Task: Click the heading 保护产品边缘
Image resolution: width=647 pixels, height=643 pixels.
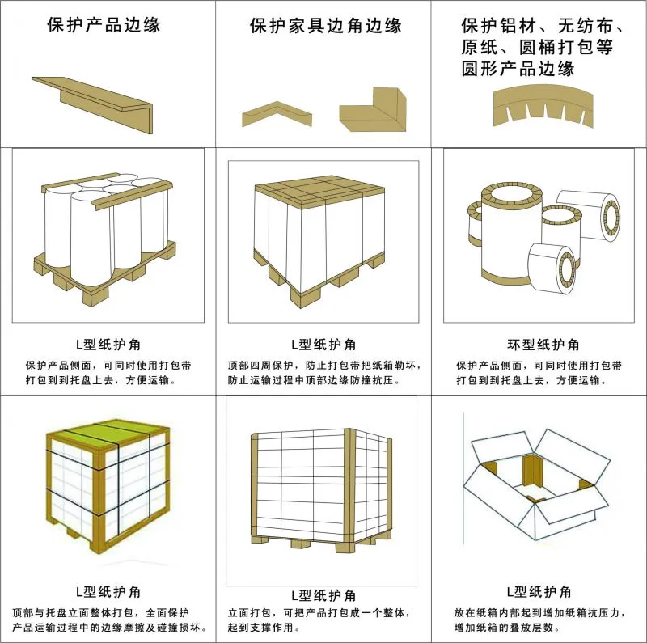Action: click(104, 25)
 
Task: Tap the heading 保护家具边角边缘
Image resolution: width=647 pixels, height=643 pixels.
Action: click(326, 26)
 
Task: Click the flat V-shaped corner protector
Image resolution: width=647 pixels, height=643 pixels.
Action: click(277, 114)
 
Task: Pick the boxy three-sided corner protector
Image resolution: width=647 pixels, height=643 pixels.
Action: click(373, 110)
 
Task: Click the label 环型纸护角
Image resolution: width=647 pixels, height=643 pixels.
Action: click(543, 345)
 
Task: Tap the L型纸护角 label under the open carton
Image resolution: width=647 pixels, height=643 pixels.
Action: click(539, 592)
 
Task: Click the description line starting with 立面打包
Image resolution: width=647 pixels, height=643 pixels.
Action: click(319, 613)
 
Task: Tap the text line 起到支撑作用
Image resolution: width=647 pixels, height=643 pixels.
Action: click(264, 628)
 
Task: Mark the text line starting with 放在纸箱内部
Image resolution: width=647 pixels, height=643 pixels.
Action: click(539, 613)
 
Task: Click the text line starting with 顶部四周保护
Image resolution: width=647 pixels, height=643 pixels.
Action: click(325, 366)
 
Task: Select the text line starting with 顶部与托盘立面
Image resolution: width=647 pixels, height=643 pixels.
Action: click(100, 613)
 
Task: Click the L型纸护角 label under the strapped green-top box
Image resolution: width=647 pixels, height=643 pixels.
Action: click(108, 592)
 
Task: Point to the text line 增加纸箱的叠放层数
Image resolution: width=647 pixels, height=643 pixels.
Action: click(507, 628)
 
